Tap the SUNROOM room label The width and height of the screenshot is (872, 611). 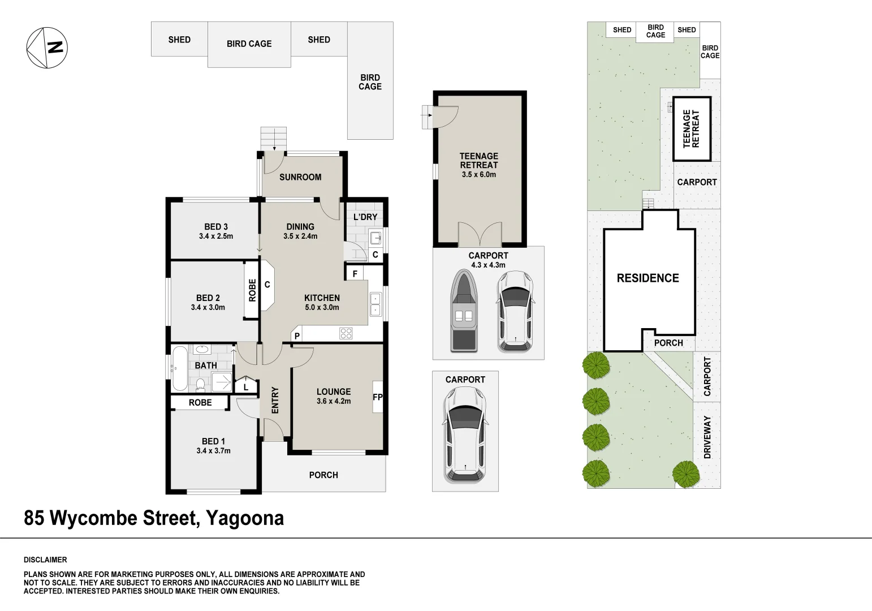point(300,177)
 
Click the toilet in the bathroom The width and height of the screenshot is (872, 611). point(200,386)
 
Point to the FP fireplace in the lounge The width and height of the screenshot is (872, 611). point(377,397)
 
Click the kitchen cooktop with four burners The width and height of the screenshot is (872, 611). point(346,334)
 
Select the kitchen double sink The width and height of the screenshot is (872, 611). point(375,304)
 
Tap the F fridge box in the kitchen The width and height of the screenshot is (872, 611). point(355,274)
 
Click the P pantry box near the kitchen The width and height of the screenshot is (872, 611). point(297,337)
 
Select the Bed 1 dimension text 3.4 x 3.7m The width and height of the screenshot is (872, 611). point(214,451)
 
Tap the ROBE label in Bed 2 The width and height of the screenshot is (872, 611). point(252,290)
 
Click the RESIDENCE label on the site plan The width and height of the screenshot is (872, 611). point(647,278)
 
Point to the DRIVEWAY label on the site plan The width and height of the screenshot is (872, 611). point(707,437)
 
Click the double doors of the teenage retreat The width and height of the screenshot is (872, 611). point(480,235)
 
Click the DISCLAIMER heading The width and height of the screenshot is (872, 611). point(45,560)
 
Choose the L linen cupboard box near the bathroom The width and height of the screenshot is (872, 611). point(245,387)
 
